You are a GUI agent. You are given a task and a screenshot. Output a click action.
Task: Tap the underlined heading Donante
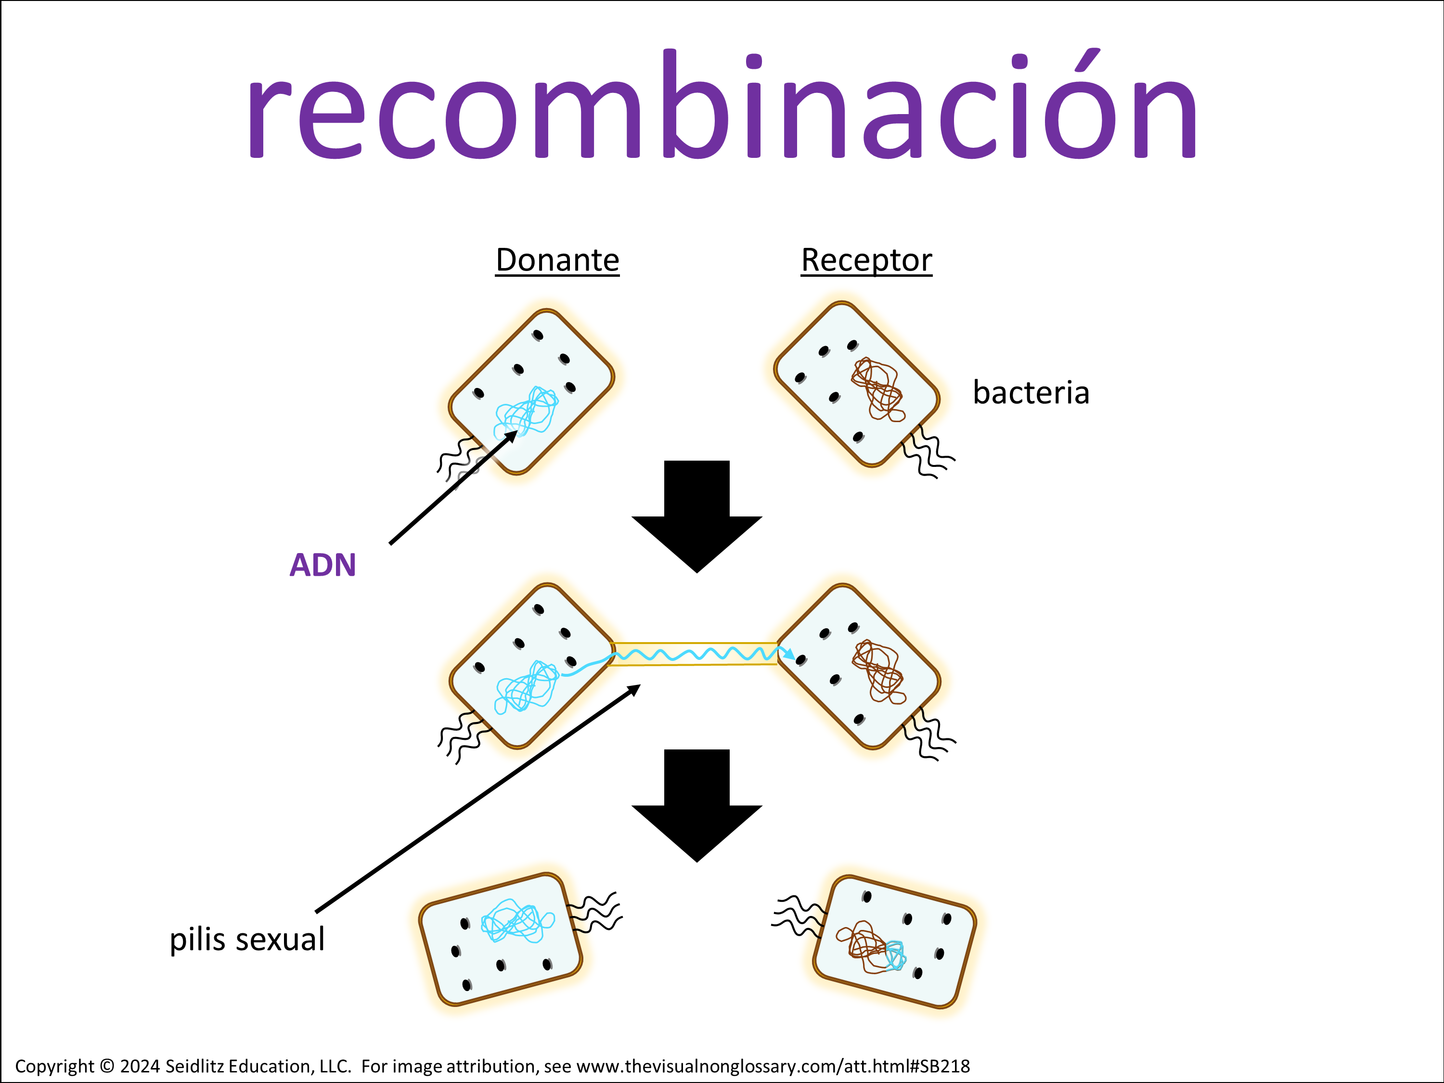tap(557, 260)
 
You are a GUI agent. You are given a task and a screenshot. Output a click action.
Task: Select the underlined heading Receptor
tap(866, 260)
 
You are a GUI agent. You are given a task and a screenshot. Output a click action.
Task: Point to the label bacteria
tap(1031, 393)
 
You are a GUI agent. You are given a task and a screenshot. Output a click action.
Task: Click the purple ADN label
tap(322, 565)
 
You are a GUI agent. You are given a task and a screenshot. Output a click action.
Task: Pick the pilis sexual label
tap(247, 940)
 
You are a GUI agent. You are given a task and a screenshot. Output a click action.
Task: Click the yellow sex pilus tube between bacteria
tap(695, 654)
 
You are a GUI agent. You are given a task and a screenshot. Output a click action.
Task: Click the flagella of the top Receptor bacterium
tap(927, 452)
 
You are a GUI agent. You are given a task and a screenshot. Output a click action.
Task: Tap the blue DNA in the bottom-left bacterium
tap(516, 920)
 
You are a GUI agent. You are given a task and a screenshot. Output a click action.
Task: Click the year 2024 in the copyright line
tap(140, 1066)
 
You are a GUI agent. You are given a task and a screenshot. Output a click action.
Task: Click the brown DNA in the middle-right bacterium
tap(878, 672)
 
